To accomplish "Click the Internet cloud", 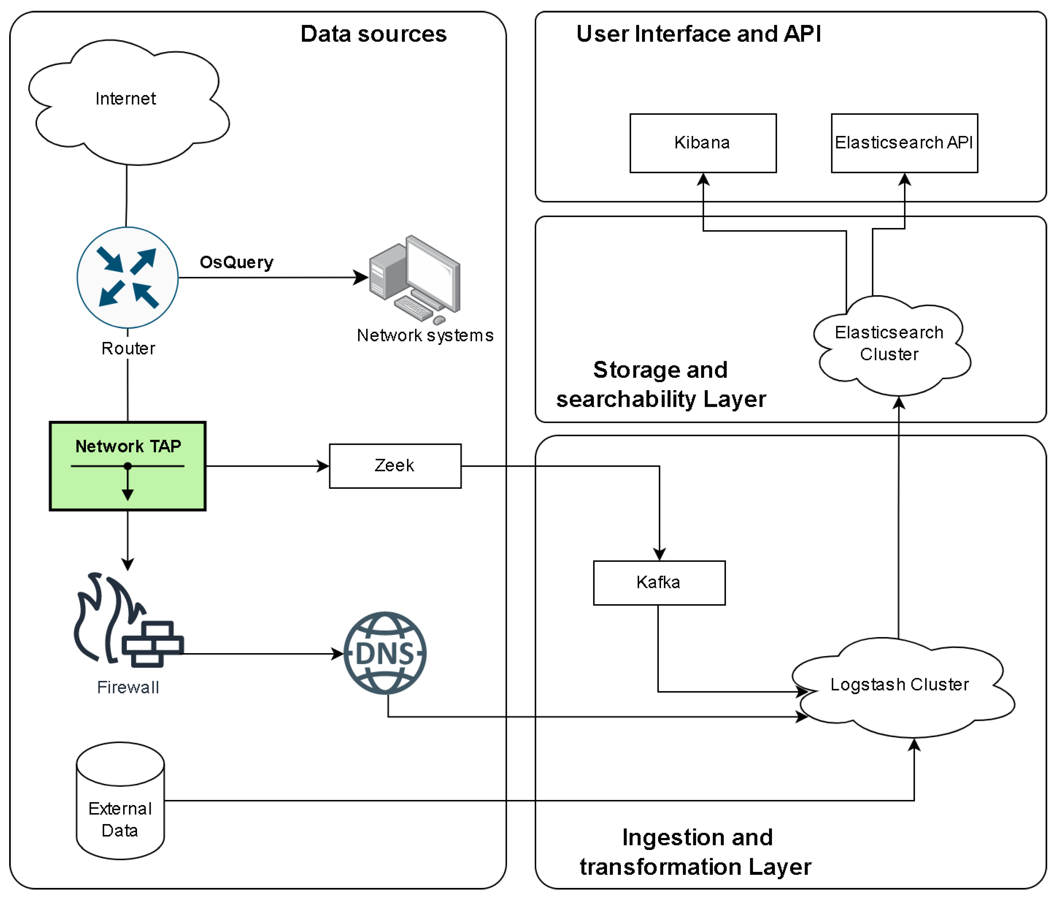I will (x=126, y=102).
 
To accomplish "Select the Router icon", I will (x=127, y=278).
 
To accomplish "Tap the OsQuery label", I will (x=236, y=262).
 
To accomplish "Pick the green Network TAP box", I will (x=127, y=466).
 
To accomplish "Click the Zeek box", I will (x=395, y=466).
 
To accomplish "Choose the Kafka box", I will (x=659, y=582).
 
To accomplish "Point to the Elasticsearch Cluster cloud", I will (x=890, y=345).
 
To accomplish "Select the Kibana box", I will (x=702, y=143).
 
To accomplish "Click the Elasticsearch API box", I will (x=904, y=143).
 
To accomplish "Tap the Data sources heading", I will (x=373, y=34).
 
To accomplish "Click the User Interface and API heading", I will (x=698, y=34).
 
